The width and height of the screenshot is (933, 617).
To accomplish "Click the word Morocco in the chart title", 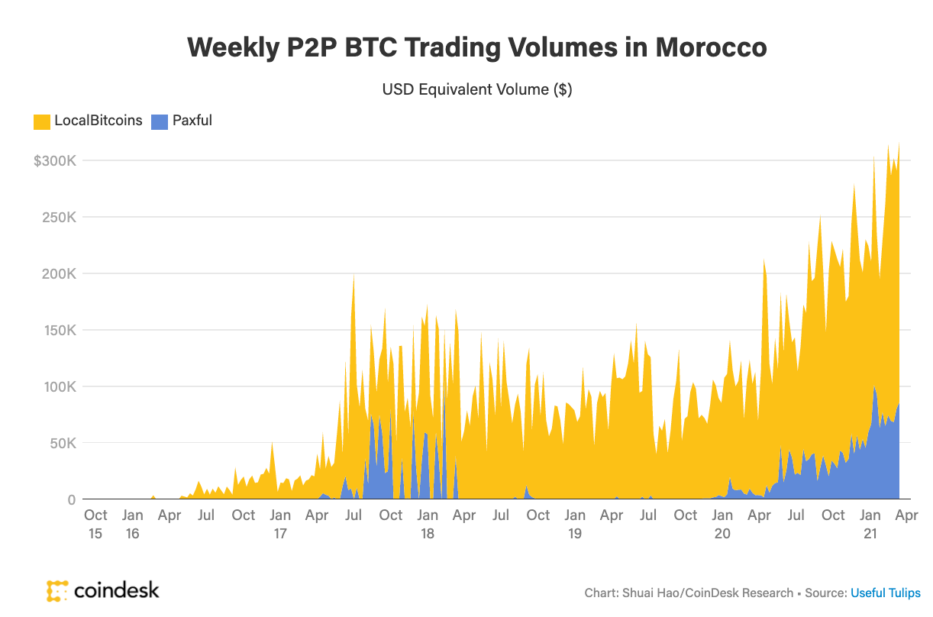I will click(711, 47).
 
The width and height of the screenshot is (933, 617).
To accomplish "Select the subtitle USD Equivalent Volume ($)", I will click(476, 89).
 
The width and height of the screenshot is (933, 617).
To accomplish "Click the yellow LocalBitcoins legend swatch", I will click(40, 121).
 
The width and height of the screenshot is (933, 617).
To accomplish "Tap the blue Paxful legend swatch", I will click(159, 121).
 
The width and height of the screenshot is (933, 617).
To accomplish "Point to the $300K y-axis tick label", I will click(54, 161).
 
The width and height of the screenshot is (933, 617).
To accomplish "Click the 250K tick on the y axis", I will click(59, 218).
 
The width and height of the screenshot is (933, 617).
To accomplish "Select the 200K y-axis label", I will click(59, 274).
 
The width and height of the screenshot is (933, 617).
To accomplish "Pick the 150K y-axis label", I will click(59, 331).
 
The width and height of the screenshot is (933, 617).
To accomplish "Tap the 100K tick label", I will click(59, 387).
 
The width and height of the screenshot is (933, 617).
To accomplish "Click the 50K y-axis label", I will click(62, 444).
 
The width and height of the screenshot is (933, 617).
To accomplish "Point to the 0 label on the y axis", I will click(71, 500).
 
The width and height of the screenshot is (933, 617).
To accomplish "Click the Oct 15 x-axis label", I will click(95, 524).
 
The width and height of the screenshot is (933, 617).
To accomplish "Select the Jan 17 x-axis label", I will click(280, 524).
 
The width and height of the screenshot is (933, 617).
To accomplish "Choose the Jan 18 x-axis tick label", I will click(428, 524).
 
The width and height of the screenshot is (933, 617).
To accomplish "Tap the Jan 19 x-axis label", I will click(575, 524).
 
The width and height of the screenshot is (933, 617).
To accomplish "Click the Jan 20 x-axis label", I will click(722, 524).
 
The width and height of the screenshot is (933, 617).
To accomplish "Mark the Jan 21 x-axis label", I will click(870, 524).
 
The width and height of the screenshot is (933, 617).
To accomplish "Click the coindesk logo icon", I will click(57, 590).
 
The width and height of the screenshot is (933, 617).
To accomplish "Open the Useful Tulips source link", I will click(886, 593).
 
